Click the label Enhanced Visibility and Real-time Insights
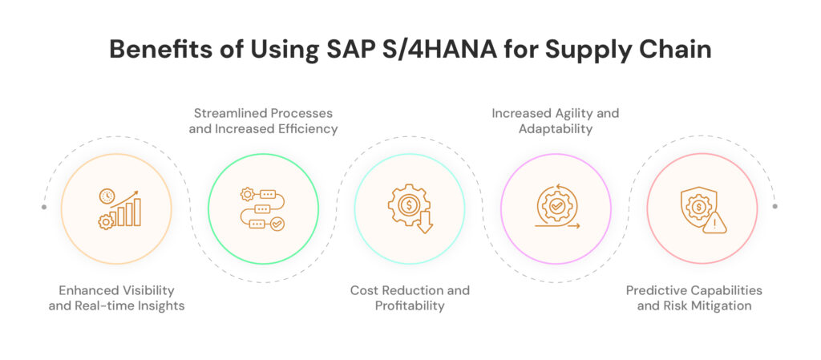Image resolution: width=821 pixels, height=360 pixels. point(116,297)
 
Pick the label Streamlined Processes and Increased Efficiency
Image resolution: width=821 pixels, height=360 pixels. point(263,119)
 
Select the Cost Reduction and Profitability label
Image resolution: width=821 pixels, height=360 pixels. point(410,297)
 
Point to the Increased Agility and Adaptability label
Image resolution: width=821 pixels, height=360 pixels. point(556,119)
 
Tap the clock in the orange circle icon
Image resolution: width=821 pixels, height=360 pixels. point(107,196)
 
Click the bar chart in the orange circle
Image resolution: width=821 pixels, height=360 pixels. point(128,211)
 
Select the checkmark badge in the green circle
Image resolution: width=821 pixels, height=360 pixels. point(277,224)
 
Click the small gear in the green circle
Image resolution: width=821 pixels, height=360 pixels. point(246,194)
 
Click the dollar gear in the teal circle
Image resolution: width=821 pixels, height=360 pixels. point(407,205)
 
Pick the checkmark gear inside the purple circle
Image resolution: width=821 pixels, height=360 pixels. point(556,206)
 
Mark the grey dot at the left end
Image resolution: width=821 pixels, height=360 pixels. point(44,207)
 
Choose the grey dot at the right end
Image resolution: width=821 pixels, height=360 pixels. point(775,207)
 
